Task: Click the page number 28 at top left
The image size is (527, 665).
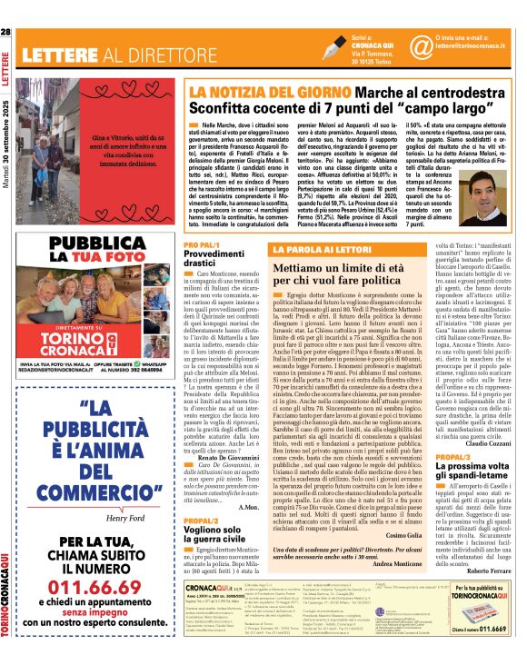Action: tap(6, 33)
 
